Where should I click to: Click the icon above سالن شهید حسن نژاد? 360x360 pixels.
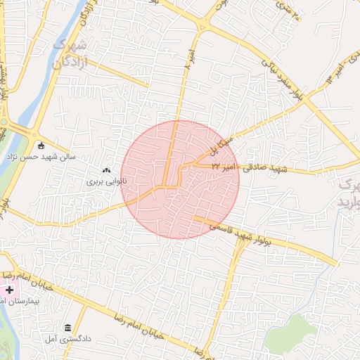[41, 146]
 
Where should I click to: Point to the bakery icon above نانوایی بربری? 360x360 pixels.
[106, 169]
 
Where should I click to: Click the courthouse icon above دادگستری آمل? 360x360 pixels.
[67, 328]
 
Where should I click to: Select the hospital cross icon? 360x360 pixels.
[9, 290]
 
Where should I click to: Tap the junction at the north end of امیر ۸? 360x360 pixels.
[202, 27]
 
